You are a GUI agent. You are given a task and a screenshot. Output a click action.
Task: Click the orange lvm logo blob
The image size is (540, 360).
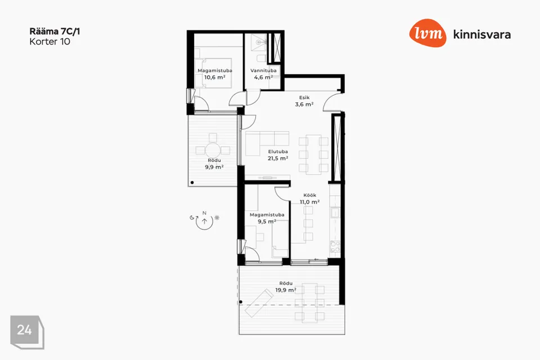(x=427, y=33)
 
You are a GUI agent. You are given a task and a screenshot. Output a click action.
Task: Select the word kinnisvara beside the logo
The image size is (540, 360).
(x=482, y=34)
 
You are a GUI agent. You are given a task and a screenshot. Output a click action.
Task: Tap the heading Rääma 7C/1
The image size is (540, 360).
(x=55, y=31)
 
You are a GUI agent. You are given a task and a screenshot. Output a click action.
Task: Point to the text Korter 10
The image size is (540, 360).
(x=50, y=42)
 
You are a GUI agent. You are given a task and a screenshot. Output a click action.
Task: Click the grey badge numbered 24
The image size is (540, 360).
(x=27, y=332)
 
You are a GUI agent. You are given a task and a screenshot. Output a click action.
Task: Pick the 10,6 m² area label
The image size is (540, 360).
(x=215, y=77)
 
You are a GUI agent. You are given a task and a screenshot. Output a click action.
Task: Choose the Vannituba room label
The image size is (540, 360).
(x=263, y=71)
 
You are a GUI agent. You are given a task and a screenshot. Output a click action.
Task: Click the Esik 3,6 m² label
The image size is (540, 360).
(x=304, y=101)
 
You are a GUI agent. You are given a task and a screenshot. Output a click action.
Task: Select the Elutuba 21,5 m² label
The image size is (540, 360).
(x=278, y=155)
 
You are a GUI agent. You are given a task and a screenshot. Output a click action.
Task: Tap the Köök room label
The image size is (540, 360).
(x=310, y=195)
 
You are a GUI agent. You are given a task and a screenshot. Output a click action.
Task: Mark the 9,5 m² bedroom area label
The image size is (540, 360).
(x=267, y=222)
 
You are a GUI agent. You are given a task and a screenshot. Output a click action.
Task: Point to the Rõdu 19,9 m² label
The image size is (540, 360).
(x=286, y=287)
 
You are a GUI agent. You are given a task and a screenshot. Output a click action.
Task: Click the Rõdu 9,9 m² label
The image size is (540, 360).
(x=214, y=164)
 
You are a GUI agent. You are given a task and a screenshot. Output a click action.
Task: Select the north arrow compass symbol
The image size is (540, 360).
(x=205, y=221)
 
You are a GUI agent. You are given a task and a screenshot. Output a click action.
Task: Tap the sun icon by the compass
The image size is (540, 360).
(x=217, y=217)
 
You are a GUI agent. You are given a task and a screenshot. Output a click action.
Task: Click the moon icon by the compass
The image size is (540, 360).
(x=192, y=217)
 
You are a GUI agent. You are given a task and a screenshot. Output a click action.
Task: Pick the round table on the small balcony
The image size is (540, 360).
(x=214, y=150)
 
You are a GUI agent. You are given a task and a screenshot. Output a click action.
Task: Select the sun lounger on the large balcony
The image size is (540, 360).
(x=258, y=303)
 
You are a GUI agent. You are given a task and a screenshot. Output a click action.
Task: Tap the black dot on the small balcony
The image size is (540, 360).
(x=192, y=183)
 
